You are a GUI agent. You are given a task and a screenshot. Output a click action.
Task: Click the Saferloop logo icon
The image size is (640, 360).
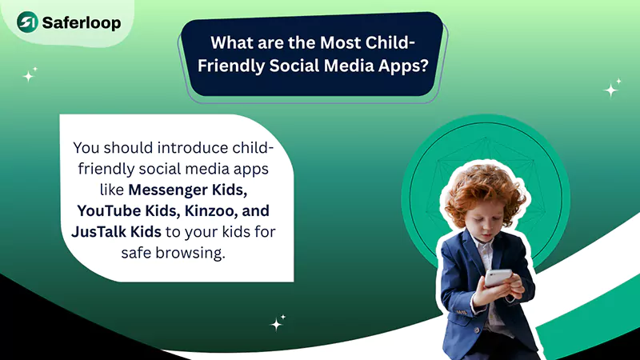click(30, 22)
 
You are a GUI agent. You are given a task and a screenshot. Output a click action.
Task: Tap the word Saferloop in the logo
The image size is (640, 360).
click(83, 23)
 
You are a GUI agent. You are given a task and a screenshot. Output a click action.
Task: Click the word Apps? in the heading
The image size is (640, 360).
click(407, 66)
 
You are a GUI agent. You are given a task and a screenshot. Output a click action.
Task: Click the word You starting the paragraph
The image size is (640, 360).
click(87, 149)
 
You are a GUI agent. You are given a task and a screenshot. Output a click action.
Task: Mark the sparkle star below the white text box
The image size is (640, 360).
click(278, 323)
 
